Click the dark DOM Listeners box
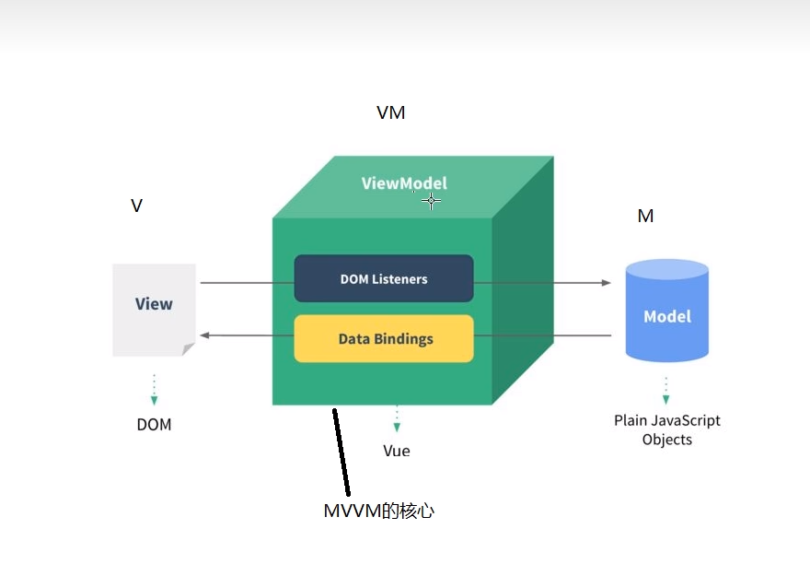click(x=384, y=278)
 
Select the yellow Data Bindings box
click(x=384, y=338)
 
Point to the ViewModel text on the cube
click(x=404, y=183)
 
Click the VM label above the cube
click(x=390, y=113)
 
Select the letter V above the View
click(x=136, y=206)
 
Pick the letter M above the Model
click(x=645, y=216)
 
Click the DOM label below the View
click(x=154, y=425)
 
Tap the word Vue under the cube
click(x=397, y=451)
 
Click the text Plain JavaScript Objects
click(x=667, y=429)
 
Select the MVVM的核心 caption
click(x=378, y=510)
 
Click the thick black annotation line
click(x=341, y=452)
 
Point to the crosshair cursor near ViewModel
click(x=431, y=201)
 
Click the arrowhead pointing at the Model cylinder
click(x=606, y=284)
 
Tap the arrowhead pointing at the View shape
click(x=205, y=335)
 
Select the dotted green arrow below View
click(x=154, y=390)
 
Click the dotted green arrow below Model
click(x=665, y=390)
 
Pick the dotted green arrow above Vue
click(x=397, y=417)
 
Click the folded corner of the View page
click(x=189, y=349)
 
